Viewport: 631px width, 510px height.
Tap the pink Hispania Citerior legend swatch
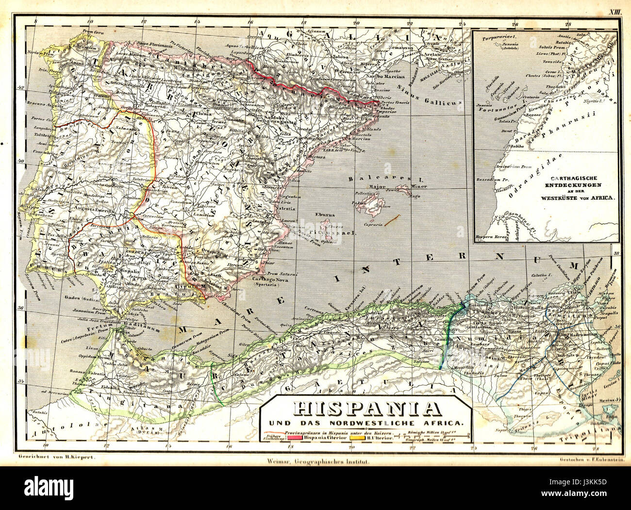295,437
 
